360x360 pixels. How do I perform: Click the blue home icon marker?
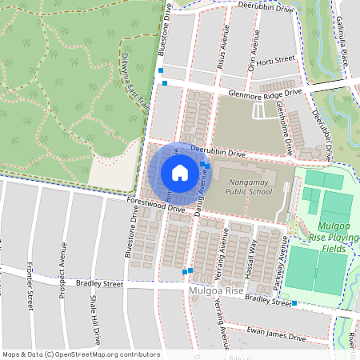[x=180, y=172]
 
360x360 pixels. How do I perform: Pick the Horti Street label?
[x=277, y=59]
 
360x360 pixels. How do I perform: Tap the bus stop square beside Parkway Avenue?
[x=294, y=302]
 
